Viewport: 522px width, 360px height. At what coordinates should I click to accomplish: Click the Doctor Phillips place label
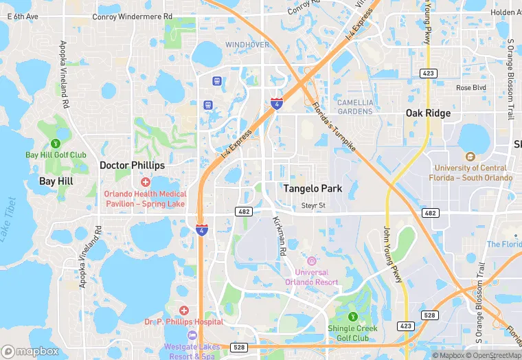click(x=132, y=166)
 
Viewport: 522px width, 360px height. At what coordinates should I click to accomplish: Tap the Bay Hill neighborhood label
click(x=56, y=181)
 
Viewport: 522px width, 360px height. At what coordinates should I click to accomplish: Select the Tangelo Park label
click(x=313, y=188)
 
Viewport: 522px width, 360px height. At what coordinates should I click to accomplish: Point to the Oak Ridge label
click(x=428, y=113)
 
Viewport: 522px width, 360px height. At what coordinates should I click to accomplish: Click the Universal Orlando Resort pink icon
click(x=311, y=261)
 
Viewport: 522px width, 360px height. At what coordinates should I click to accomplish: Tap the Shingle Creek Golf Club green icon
click(x=352, y=317)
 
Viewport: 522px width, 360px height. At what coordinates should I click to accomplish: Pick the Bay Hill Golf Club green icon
click(x=56, y=144)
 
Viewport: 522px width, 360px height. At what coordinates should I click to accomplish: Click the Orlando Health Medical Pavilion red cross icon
click(x=145, y=182)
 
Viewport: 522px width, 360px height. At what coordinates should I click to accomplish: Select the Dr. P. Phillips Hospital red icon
click(x=183, y=311)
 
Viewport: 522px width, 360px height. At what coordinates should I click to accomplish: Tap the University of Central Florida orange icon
click(x=470, y=157)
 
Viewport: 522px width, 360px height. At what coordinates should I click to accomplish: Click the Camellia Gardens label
click(x=355, y=106)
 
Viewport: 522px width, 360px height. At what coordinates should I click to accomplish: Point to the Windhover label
click(x=247, y=45)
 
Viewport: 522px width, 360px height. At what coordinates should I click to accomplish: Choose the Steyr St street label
click(x=313, y=206)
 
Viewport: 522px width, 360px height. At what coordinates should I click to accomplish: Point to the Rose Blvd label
click(x=471, y=88)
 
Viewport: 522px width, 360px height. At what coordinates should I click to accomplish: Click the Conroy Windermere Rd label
click(x=132, y=16)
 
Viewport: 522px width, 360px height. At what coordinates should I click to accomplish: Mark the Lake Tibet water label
click(x=9, y=219)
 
